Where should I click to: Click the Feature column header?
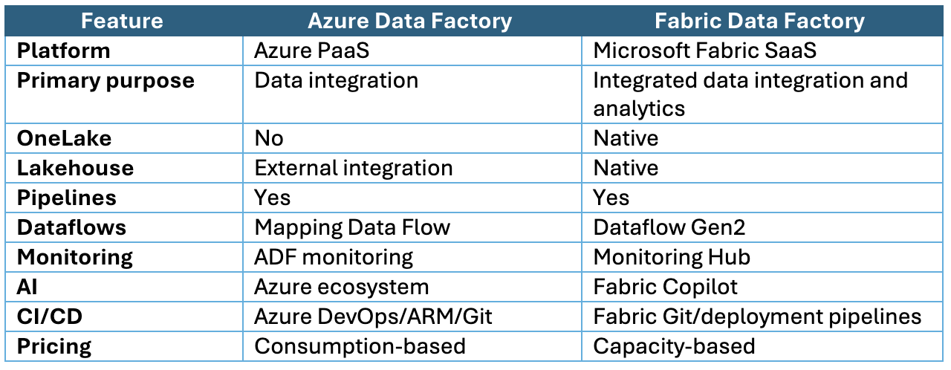[122, 21]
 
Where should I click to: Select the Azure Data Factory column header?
[409, 21]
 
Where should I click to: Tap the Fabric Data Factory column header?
[759, 21]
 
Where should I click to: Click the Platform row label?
[64, 51]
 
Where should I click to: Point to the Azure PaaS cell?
[311, 51]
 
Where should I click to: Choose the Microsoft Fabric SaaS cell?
[705, 51]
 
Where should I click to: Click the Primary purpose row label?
[106, 81]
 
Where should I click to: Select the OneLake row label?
[64, 138]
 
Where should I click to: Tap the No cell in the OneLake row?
[269, 138]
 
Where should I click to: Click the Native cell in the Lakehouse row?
[626, 168]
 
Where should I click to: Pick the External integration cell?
[354, 168]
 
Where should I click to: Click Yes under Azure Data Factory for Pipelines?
[272, 198]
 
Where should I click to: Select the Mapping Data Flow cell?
[352, 227]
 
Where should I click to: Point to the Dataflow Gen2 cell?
[669, 227]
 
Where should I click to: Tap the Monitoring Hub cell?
[672, 257]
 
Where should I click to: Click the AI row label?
[27, 287]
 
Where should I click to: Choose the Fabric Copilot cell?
[665, 287]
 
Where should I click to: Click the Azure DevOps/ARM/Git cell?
[373, 317]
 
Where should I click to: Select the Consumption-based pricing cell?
[360, 346]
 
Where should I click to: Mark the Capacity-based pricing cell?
[674, 346]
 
